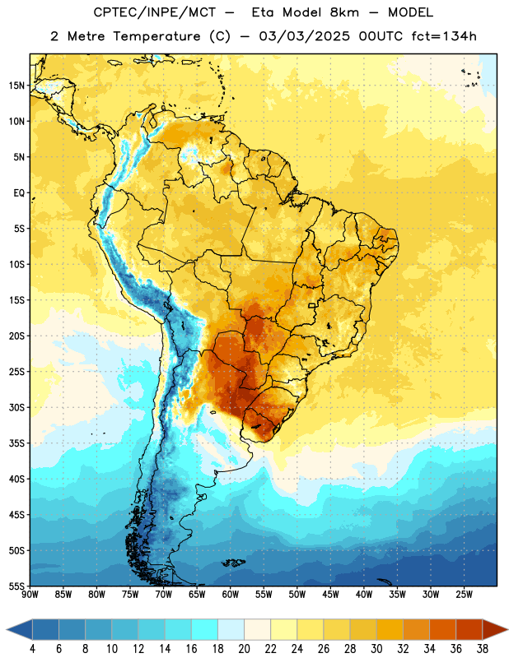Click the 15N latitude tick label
click(x=16, y=86)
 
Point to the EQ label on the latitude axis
click(x=19, y=193)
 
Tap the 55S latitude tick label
click(x=16, y=586)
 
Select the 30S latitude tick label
click(x=16, y=407)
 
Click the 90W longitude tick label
click(x=30, y=595)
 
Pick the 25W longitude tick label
click(x=464, y=595)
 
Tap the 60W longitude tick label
click(x=231, y=595)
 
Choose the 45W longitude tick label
click(x=330, y=595)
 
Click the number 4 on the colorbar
click(x=32, y=649)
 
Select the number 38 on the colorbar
click(x=482, y=649)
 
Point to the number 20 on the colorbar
click(x=244, y=649)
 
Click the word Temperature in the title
click(x=156, y=36)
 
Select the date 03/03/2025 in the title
click(x=304, y=36)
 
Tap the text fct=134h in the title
click(x=444, y=36)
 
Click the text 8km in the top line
click(x=344, y=12)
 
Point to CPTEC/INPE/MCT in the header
click(x=155, y=12)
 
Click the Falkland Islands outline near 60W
click(x=233, y=563)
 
